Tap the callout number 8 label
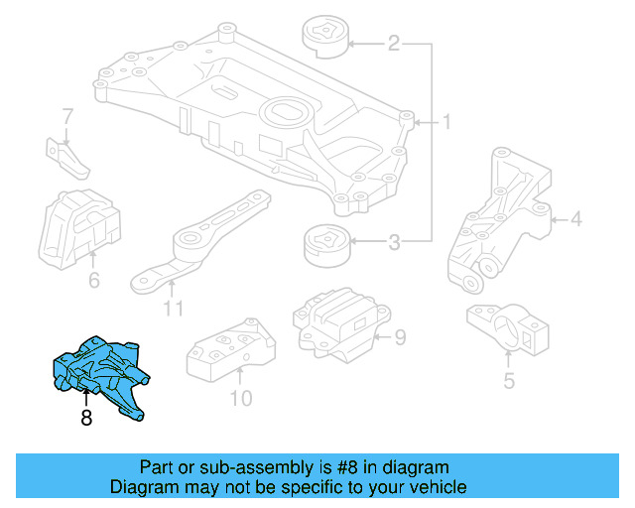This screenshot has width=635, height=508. tap(86, 419)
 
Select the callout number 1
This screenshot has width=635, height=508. tap(446, 123)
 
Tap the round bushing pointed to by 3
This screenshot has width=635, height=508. tap(324, 242)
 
